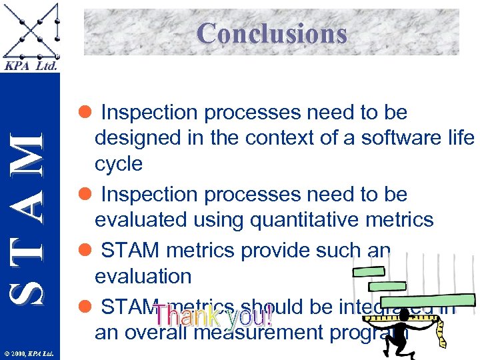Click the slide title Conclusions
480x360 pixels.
click(x=272, y=33)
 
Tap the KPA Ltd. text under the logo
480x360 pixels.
click(x=31, y=66)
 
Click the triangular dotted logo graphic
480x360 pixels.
click(x=31, y=31)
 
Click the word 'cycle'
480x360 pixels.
click(x=119, y=164)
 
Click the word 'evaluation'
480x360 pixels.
click(x=143, y=275)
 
